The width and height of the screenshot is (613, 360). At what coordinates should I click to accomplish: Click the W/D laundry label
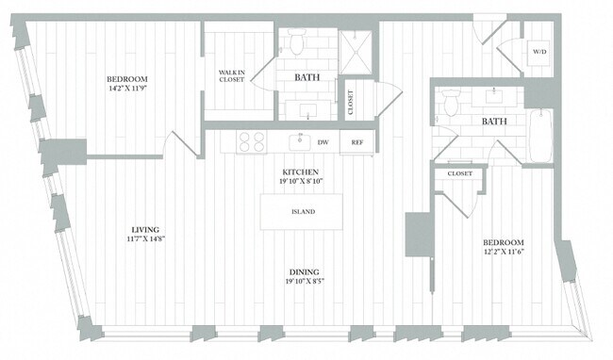pos(538,51)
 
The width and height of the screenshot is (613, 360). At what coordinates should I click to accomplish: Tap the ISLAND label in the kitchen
pos(302,212)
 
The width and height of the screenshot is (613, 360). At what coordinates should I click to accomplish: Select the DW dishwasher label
pos(323,142)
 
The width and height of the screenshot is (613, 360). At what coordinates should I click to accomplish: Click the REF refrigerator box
pos(357,142)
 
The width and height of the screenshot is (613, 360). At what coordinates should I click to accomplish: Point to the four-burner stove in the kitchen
pos(251,142)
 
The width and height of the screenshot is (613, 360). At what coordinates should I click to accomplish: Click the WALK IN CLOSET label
pos(231,75)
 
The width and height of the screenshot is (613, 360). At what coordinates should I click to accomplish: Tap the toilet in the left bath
pos(296,42)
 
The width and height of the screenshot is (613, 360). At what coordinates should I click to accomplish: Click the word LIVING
pos(144,229)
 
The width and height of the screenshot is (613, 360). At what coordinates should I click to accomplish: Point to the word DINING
pos(302,270)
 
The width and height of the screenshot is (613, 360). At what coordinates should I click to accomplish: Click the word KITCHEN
pos(302,159)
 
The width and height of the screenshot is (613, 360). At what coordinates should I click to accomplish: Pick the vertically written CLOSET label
pos(351,102)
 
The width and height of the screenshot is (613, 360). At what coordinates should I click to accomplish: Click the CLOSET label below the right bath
pos(459,173)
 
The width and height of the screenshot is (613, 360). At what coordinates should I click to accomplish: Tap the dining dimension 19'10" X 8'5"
pos(302,280)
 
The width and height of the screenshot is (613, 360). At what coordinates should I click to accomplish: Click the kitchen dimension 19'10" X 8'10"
pos(302,170)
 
